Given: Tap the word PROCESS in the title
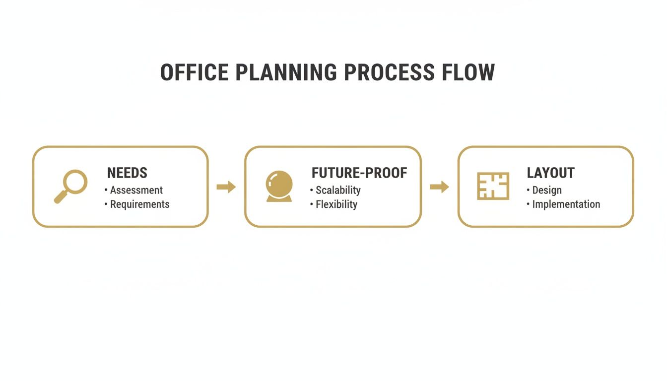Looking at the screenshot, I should coord(389,73).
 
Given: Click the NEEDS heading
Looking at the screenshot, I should coord(127,173).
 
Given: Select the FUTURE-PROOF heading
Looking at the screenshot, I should coord(359,173).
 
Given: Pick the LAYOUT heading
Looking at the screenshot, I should coord(550,173).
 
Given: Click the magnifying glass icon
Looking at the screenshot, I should coord(71,187).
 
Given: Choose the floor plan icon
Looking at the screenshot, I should coord(493,186).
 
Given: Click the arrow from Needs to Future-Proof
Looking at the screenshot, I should coord(226,187).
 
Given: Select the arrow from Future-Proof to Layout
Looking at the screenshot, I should coord(439,187).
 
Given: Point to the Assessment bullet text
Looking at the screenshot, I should coord(136,190).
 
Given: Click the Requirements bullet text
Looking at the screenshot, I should coord(139,204).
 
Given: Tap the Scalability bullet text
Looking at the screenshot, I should coord(338,190).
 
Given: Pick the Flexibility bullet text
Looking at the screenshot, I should coord(336,204).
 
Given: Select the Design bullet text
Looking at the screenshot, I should coord(547,190).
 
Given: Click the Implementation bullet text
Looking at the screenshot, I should coord(566,204).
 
